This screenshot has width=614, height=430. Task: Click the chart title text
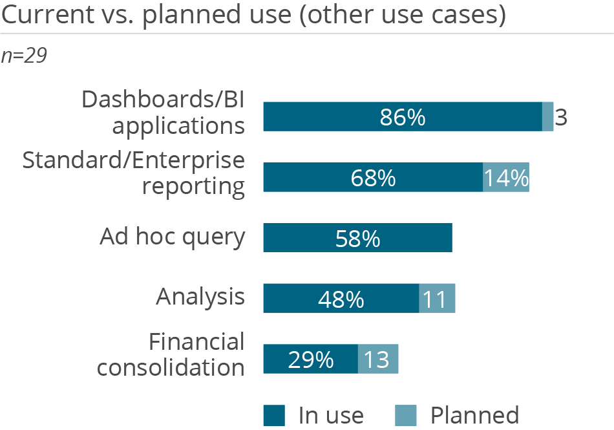tap(253, 16)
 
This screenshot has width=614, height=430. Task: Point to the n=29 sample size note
tap(24, 56)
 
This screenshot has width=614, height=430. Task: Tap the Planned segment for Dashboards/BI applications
tap(548, 117)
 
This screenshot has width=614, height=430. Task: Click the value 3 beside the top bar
tap(561, 118)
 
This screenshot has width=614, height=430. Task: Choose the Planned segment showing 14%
tap(506, 177)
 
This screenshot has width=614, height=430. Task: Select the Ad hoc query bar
tap(357, 238)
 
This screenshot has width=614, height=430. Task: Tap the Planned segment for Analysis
tap(438, 298)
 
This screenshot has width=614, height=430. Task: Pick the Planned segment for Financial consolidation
tap(378, 359)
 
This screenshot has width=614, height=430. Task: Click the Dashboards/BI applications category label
tap(163, 112)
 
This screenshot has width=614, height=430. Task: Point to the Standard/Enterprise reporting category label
tap(134, 173)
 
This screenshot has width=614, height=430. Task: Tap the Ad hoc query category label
tap(173, 237)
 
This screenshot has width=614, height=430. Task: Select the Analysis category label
tap(200, 297)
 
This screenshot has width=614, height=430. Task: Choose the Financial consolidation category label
tap(171, 354)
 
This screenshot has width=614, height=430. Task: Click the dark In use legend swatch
tap(274, 415)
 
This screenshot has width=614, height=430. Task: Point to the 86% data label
tap(402, 118)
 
